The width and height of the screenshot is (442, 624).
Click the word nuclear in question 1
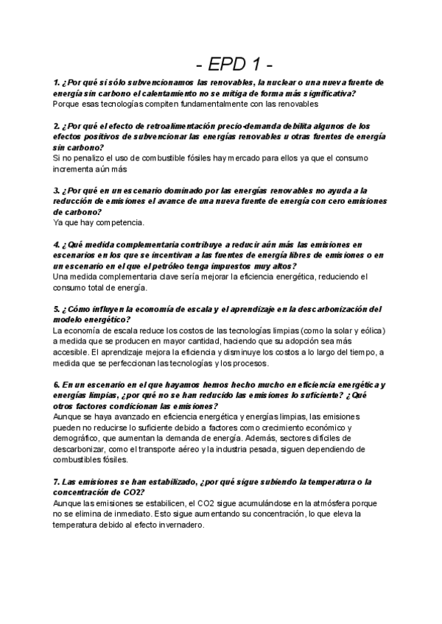point(274,82)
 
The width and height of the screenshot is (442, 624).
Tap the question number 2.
point(57,126)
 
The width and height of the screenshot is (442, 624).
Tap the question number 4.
point(57,244)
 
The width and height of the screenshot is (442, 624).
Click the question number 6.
point(57,385)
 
